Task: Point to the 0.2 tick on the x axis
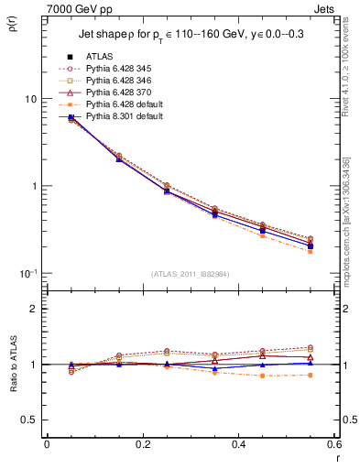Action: (142, 443)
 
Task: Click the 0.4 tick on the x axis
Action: (238, 443)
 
